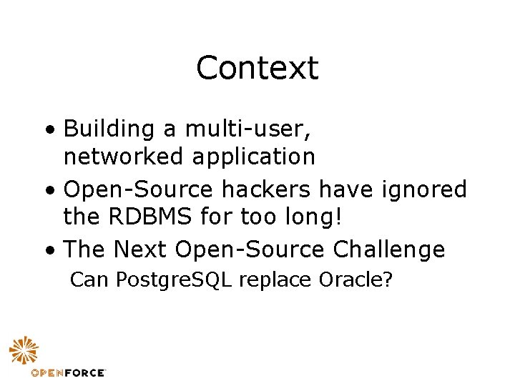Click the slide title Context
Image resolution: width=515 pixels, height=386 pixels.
(x=257, y=69)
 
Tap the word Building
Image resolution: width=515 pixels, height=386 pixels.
(x=109, y=129)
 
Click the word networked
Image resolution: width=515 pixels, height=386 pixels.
(x=124, y=155)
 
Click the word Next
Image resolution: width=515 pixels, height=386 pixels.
(x=141, y=249)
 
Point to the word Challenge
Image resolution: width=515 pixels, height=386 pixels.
(x=389, y=250)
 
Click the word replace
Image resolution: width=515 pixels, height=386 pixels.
(x=276, y=280)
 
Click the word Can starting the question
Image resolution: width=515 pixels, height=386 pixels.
(x=87, y=279)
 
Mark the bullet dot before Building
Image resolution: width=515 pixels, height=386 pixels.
(x=48, y=132)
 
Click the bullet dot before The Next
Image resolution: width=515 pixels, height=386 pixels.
(x=48, y=252)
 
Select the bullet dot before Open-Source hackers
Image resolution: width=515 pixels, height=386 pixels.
(x=48, y=192)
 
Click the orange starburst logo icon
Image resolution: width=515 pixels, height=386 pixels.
(x=24, y=351)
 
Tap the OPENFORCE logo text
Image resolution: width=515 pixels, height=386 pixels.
(x=69, y=372)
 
